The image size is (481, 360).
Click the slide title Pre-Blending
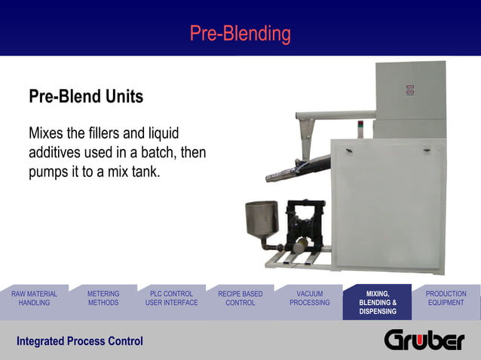[x=240, y=34]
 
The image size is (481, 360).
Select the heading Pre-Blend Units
[x=86, y=97]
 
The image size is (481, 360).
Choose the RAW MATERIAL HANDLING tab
[x=34, y=298]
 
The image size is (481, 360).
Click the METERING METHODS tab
[x=103, y=298]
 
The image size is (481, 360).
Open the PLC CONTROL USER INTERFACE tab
[x=171, y=298]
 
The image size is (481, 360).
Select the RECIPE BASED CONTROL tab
[x=240, y=298]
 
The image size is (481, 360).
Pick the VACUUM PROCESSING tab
[x=309, y=298]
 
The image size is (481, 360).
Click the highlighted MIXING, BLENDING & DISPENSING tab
[x=377, y=302]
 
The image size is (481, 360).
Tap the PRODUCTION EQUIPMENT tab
[x=446, y=298]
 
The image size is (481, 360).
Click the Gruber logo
[x=424, y=340]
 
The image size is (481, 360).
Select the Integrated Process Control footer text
[x=80, y=341]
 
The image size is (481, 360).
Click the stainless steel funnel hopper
[x=261, y=219]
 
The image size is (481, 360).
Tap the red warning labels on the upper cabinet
[x=410, y=90]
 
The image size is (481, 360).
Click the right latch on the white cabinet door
[x=427, y=151]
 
